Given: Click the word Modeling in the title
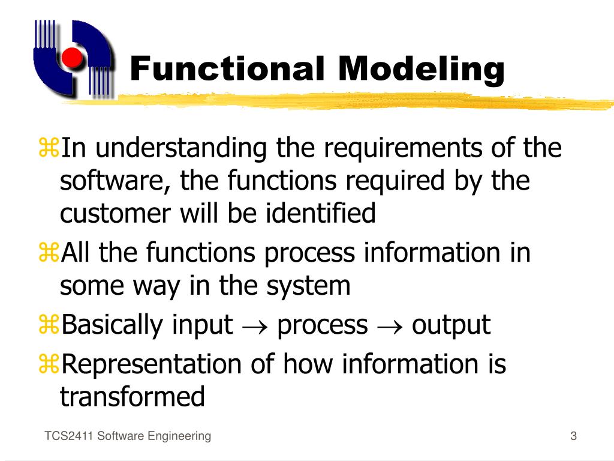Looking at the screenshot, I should [x=420, y=69].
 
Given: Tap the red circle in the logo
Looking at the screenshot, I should [x=73, y=58].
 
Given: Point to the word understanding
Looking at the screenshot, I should [x=181, y=148].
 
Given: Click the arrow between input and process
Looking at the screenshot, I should [x=255, y=326].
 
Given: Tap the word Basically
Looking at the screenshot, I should [x=115, y=325].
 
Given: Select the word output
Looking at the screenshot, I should [x=451, y=326].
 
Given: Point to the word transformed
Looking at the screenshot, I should [x=133, y=397].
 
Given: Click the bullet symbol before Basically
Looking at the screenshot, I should [x=47, y=326].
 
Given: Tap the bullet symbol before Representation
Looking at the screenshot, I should [x=47, y=364].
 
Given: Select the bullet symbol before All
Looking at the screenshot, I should [x=47, y=253].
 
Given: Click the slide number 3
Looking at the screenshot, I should [x=573, y=436].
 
